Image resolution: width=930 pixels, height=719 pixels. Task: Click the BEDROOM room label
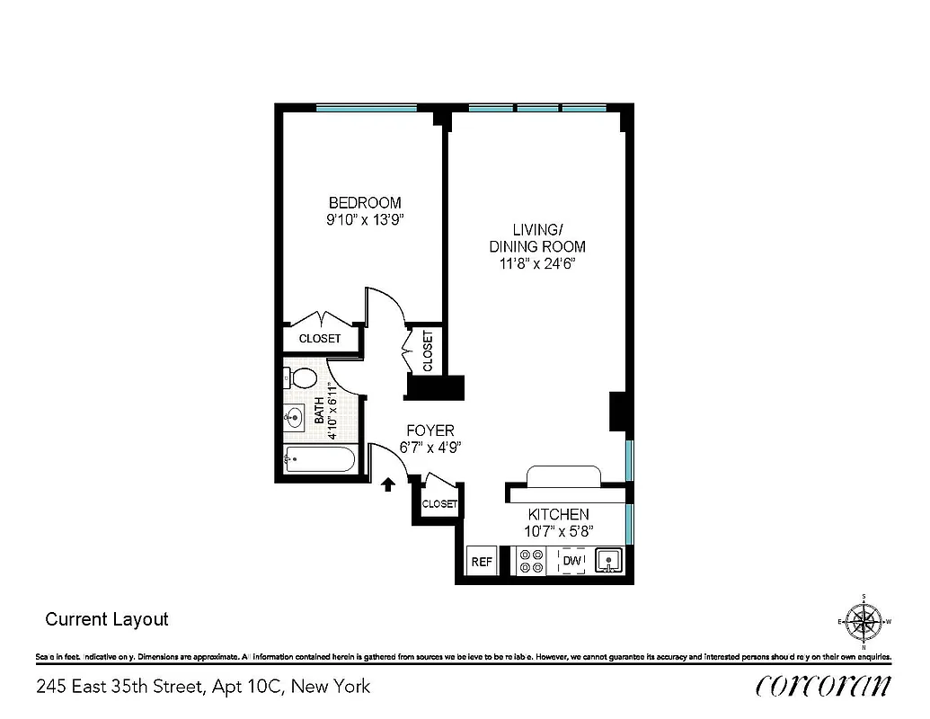point(364,202)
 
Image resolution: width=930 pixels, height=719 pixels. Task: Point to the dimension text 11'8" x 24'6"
point(536,264)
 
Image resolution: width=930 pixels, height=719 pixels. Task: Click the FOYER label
point(430,431)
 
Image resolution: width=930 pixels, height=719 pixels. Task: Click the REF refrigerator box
point(482,562)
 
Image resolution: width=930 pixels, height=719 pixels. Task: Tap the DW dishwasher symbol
point(571,562)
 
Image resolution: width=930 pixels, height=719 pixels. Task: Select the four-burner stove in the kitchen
point(531,562)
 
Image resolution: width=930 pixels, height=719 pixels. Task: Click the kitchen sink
point(608,562)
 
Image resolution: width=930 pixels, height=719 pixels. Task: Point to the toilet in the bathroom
point(303,378)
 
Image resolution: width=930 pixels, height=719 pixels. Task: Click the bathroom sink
point(295,416)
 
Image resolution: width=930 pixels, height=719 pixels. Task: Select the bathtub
point(319,460)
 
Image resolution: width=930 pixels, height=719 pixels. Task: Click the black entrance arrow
point(387,485)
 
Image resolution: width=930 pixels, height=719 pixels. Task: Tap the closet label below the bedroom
point(320,339)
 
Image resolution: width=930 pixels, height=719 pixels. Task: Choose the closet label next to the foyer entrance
point(438,504)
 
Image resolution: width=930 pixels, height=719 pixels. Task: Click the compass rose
point(864,621)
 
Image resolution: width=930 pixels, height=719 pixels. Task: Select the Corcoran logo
point(823,686)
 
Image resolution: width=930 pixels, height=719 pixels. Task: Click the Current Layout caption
point(106,619)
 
